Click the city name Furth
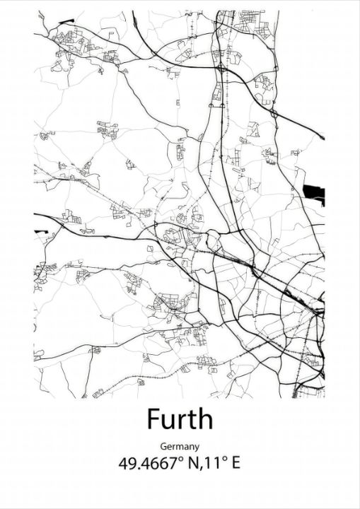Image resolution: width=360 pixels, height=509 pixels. point(180,419)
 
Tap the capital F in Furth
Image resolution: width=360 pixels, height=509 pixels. point(154,419)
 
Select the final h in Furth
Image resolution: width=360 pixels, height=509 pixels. point(204,419)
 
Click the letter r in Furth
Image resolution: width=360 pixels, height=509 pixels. point(180,422)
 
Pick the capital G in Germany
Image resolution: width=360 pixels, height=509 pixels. point(163,447)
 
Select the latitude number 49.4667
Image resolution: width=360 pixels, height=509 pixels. point(148,464)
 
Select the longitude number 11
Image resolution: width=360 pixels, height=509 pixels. point(209,464)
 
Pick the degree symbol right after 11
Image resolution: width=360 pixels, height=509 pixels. point(219,460)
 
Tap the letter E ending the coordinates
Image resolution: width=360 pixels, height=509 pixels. point(235,464)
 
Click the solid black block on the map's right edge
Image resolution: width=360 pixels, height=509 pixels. point(314,192)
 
